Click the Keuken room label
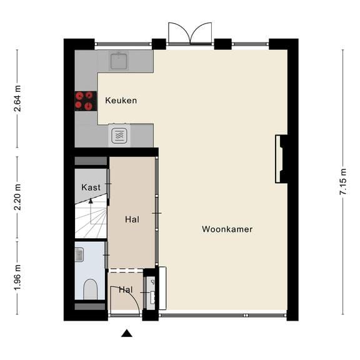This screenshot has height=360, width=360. [x=121, y=101]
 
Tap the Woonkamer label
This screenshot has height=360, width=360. [x=227, y=229]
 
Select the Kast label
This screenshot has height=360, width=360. [x=91, y=187]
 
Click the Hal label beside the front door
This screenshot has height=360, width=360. [x=126, y=290]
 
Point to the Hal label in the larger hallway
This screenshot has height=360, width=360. [x=132, y=219]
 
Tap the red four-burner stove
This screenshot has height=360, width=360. [x=84, y=101]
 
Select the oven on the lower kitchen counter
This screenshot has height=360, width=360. [x=119, y=134]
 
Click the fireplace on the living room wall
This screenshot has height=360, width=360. [x=281, y=159]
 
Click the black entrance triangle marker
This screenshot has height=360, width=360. [x=127, y=333]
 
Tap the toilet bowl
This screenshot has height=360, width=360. [x=91, y=289]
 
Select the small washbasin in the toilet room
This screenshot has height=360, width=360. [x=79, y=254]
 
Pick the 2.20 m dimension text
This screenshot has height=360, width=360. [x=17, y=196]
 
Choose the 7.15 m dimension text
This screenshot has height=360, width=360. [x=342, y=182]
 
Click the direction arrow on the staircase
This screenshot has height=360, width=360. [x=90, y=201]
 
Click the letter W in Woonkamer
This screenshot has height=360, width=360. [x=206, y=229]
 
